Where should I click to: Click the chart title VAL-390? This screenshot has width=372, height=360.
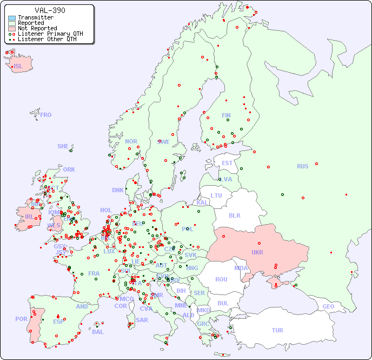point(50,10)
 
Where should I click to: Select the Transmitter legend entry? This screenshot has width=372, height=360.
point(35,18)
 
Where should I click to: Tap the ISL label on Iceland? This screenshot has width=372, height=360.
point(18,67)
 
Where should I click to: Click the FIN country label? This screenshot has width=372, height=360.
point(226,115)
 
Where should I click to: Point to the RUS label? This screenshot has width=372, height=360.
point(302,166)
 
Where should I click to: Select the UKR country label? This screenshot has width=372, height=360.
point(257,252)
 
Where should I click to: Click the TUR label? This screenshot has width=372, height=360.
point(277,330)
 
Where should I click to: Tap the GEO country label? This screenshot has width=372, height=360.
point(328,306)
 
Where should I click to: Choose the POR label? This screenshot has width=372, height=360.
point(21,319)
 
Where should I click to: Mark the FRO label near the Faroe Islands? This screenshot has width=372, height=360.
point(46,115)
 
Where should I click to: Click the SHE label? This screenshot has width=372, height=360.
point(63,146)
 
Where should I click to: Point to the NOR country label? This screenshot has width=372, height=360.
point(131,141)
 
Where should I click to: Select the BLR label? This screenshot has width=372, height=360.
point(235,215)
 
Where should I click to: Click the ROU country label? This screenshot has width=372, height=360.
point(221,279)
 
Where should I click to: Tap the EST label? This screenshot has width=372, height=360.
point(227,163)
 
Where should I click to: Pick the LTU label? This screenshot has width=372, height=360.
point(216,195)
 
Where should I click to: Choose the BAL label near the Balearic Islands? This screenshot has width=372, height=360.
point(98,332)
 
